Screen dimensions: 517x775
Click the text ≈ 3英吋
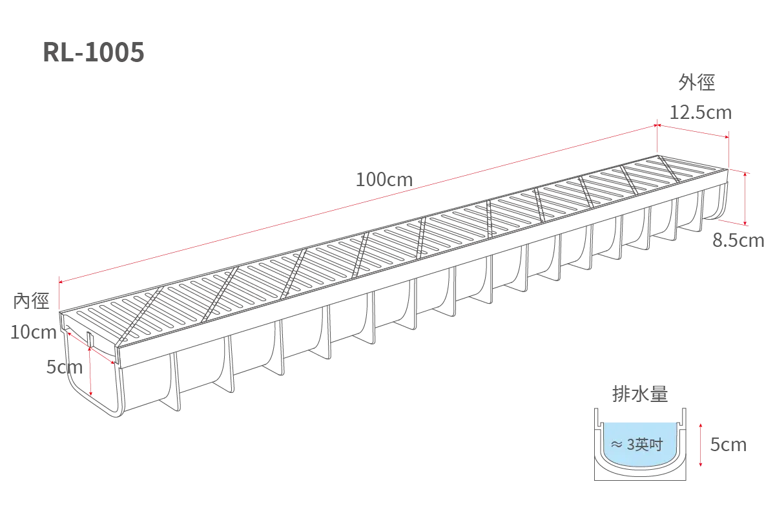click(637, 445)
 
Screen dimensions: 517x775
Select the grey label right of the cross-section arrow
click(728, 446)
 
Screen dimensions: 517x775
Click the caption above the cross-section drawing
click(640, 392)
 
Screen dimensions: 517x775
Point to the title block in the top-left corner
click(92, 52)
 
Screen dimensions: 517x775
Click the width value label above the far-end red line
click(700, 112)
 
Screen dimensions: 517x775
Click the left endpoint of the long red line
click(60, 282)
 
